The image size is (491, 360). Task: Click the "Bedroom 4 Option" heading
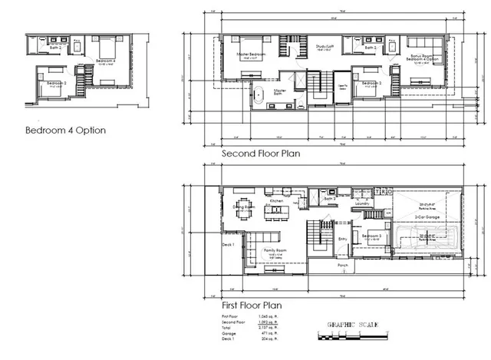65,130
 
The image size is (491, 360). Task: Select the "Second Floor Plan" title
261,154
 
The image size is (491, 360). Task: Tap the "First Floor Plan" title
251,306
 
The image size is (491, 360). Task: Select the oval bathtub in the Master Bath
259,97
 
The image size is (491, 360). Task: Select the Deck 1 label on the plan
227,245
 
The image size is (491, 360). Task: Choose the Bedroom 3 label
371,236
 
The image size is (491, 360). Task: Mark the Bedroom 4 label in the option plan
106,61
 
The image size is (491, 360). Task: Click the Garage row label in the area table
227,332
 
